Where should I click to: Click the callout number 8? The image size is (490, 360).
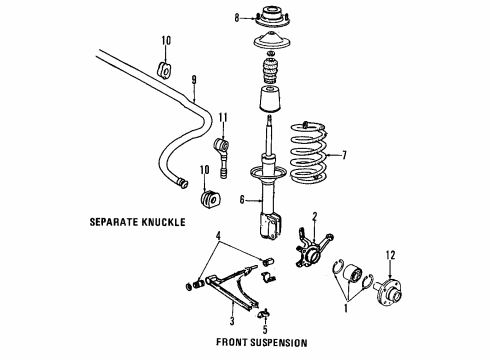click(237, 18)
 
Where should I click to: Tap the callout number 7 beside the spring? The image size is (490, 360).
click(344, 155)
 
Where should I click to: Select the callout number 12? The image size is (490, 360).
click(390, 255)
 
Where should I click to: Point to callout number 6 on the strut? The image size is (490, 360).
click(242, 200)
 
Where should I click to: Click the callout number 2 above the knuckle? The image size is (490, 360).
click(314, 217)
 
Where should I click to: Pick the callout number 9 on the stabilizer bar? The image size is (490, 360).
click(194, 80)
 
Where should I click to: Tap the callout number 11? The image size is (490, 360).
click(223, 118)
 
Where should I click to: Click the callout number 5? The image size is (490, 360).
click(265, 329)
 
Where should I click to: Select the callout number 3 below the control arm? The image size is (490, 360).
click(232, 321)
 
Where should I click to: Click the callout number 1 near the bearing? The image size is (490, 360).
click(346, 308)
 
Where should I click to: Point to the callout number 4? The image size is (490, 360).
click(218, 236)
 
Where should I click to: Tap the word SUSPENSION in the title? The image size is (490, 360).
click(279, 342)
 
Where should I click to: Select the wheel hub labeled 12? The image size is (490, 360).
click(388, 293)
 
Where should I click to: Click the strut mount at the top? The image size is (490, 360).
click(272, 18)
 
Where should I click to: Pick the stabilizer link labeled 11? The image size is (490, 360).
click(221, 157)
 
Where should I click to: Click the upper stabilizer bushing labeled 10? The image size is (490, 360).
click(163, 70)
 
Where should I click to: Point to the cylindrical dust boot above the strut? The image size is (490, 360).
click(270, 99)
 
